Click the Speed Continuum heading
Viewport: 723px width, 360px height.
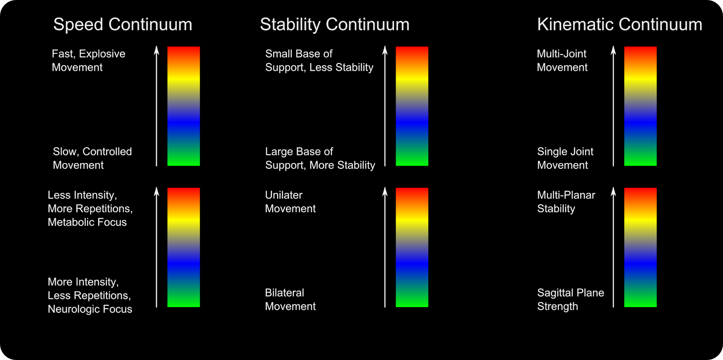[122, 24]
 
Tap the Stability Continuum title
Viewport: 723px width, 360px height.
[335, 25]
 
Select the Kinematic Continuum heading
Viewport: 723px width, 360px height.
[620, 24]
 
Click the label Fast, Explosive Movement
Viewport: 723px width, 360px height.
[89, 61]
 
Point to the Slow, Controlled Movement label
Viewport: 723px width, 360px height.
[92, 158]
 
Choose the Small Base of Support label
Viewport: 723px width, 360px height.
[319, 61]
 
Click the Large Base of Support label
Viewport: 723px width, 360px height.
[320, 158]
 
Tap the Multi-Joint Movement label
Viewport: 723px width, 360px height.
[562, 61]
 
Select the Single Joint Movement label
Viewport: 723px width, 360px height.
[565, 158]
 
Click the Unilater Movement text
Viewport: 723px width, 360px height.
[290, 201]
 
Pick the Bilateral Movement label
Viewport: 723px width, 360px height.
[290, 299]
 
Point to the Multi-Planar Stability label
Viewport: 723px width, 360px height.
[566, 201]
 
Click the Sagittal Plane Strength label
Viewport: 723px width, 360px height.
[570, 299]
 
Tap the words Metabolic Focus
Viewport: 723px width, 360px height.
[87, 222]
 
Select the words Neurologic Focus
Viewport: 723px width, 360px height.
[90, 309]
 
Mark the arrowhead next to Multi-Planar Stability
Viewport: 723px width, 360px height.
[613, 191]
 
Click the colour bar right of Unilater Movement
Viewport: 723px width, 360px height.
[412, 248]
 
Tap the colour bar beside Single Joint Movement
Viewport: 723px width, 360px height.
[640, 106]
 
